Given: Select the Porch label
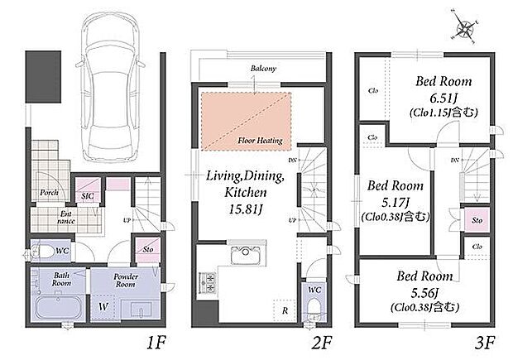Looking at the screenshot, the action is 49,193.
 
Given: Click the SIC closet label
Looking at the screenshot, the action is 88,196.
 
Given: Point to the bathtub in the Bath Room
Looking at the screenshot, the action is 58,307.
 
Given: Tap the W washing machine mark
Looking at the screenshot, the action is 103,307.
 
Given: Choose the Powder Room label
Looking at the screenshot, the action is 126,281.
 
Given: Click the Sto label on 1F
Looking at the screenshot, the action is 148,249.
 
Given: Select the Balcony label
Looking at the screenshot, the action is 263,69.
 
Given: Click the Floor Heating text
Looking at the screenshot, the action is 260,141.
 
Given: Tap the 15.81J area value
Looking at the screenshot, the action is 246,209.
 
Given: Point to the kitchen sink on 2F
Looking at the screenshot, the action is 246,254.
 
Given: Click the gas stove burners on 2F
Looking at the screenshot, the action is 208,282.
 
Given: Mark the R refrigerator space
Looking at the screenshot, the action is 285,310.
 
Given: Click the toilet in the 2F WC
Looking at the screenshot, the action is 314,310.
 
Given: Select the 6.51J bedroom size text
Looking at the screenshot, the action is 445,98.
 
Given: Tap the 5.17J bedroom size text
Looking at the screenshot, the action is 396,203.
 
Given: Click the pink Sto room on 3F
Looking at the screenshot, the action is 477,220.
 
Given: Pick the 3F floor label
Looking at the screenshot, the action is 485,343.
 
